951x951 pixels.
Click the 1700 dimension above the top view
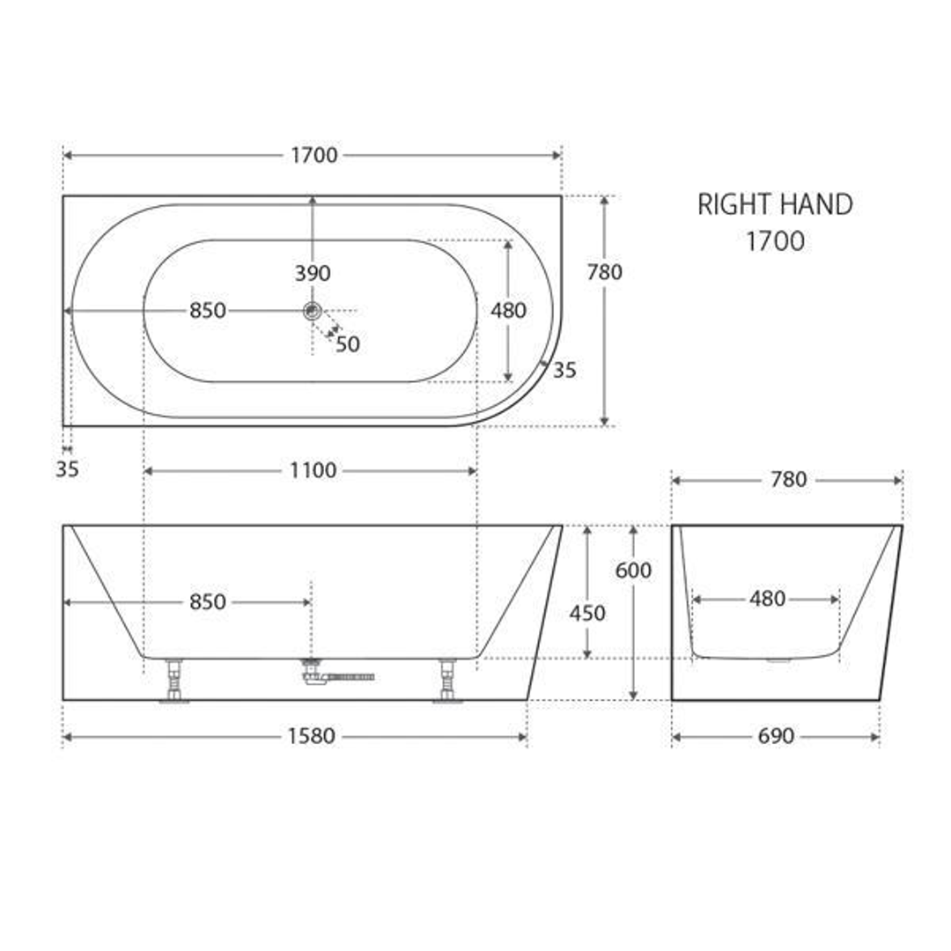coord(313,156)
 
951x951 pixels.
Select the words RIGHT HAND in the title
coord(775,205)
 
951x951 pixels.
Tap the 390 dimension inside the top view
coord(313,274)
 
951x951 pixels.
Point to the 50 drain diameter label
coord(348,344)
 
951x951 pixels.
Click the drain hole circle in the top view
coord(312,310)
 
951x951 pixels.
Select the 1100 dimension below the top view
coord(313,471)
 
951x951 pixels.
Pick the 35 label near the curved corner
coord(564,371)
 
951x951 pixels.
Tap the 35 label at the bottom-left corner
coord(67,469)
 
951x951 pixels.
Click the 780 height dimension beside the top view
coord(604,272)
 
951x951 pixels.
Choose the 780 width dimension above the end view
coord(788,480)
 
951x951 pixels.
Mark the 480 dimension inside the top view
coord(508,311)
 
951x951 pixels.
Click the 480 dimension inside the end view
coord(767,600)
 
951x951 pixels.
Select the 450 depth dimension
coord(587,613)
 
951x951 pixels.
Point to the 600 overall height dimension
coord(633,571)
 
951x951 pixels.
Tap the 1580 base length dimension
coord(312,736)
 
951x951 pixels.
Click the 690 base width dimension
coord(776,736)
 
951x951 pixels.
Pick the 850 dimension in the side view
coord(208,602)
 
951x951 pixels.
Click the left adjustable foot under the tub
coord(174,681)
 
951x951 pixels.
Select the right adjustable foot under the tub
coord(447,681)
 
